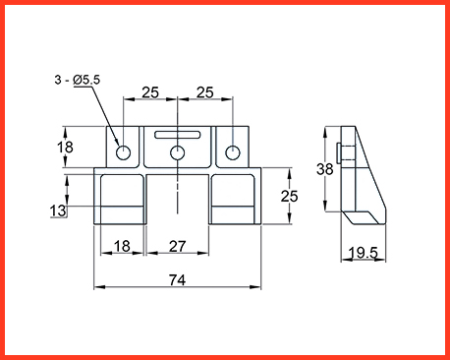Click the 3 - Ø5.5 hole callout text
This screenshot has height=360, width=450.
tap(78, 80)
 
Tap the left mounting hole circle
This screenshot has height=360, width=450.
tap(123, 152)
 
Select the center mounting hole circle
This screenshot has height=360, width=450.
tap(177, 152)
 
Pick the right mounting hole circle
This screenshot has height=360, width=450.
tap(233, 152)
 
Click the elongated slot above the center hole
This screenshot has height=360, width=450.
tap(178, 135)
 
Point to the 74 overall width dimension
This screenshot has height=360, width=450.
tap(177, 280)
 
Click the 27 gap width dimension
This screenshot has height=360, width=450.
tap(177, 246)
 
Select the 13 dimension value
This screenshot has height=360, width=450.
tap(58, 210)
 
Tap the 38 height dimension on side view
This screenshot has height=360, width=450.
tap(324, 169)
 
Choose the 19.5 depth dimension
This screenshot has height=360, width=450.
tap(363, 253)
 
